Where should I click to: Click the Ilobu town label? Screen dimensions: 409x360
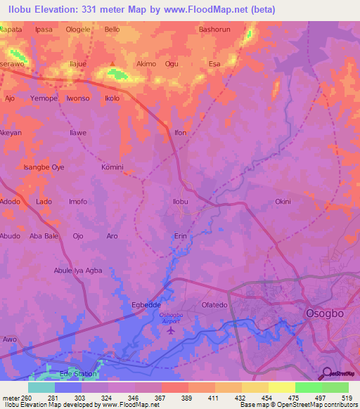[x=181, y=202]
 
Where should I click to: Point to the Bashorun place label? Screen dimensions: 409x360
[x=215, y=30]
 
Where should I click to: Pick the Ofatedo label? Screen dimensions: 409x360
[x=215, y=305]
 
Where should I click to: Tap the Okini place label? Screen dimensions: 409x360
[x=283, y=202]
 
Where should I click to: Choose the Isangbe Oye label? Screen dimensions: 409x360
[x=44, y=167]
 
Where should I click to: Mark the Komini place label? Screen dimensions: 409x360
[x=112, y=167]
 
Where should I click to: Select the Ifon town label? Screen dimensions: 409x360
[x=181, y=132]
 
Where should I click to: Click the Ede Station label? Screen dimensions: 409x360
[x=79, y=374]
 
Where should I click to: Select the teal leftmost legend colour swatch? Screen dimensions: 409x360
[x=41, y=387]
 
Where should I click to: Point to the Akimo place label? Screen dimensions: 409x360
[x=146, y=63]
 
